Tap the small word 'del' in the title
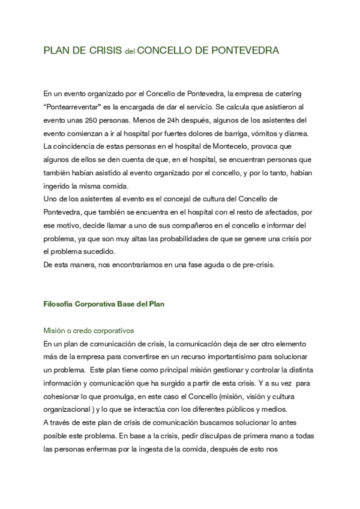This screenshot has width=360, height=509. pos(129,52)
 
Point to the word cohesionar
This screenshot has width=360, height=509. pos(62,383)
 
